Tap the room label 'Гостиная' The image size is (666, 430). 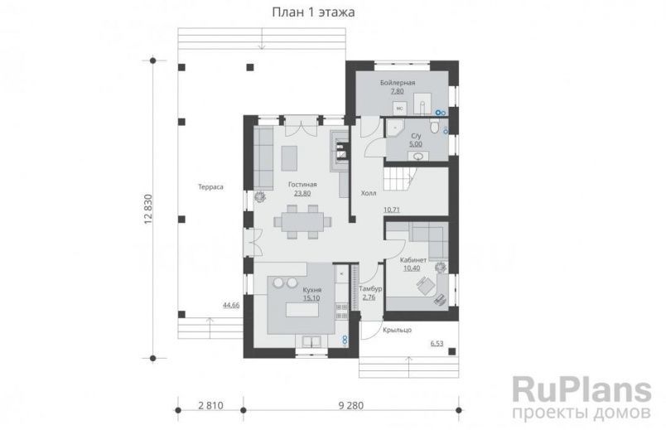(x=302, y=185)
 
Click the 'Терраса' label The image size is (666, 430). (x=210, y=187)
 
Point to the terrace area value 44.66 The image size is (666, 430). (x=231, y=305)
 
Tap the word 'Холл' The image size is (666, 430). (x=369, y=193)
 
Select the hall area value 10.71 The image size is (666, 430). (x=392, y=210)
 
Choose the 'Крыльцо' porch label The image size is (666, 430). (x=397, y=331)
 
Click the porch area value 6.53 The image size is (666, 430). (x=437, y=342)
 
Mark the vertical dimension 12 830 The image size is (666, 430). (x=149, y=210)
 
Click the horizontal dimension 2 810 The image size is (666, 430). (x=210, y=406)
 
